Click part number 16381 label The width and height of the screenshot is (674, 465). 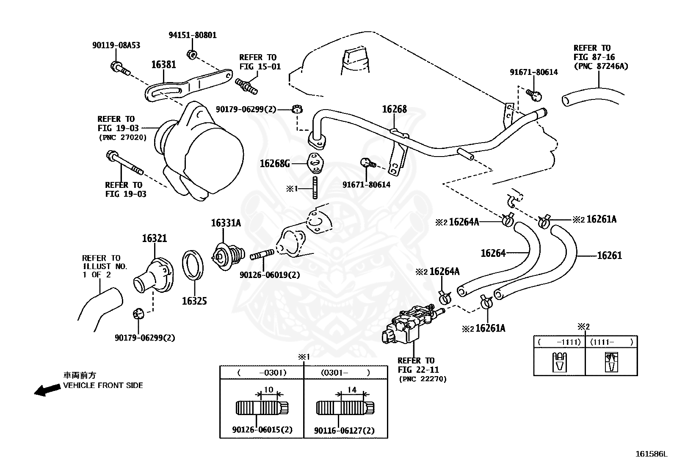(x=163, y=65)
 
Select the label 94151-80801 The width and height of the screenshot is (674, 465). (x=192, y=35)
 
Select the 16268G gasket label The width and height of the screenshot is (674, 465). (x=275, y=163)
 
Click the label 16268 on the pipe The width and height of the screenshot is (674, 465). (x=394, y=109)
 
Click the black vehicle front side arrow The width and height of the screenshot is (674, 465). (x=47, y=390)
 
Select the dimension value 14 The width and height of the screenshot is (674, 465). (x=351, y=390)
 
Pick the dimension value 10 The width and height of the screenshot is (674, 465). (x=268, y=390)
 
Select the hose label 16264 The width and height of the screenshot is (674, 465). (x=493, y=253)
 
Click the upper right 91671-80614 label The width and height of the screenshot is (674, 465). (x=533, y=72)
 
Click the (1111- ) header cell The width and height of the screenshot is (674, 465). (x=611, y=342)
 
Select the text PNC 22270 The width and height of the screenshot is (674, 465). (x=423, y=379)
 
